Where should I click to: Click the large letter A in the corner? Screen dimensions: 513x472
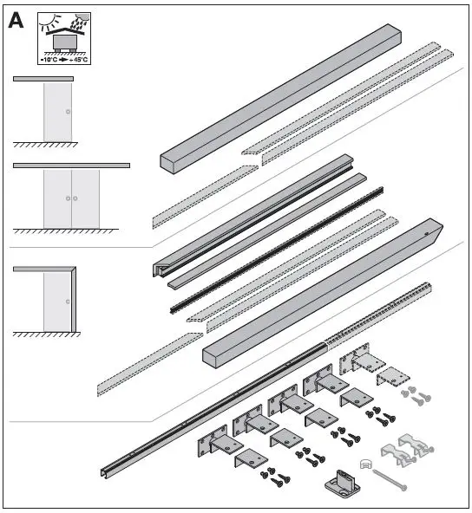(x=16, y=21)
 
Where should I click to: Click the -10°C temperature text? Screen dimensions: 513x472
(x=49, y=60)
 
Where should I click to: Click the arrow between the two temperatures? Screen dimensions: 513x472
(x=65, y=60)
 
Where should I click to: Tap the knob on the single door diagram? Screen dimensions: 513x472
(x=68, y=113)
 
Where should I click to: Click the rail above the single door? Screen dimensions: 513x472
(x=43, y=79)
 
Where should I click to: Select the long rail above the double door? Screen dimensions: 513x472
(x=71, y=165)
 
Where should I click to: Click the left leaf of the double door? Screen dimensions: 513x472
(x=57, y=198)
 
